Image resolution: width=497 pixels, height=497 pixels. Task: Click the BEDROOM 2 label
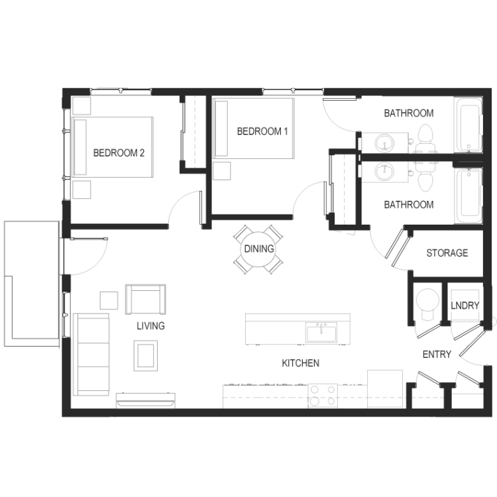119,153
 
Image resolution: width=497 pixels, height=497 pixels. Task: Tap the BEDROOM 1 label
262,131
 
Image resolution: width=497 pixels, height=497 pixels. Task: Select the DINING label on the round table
259,248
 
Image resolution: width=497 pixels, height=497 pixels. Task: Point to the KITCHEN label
300,363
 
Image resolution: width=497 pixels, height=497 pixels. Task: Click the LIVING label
151,326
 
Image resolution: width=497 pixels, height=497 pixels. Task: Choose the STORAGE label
447,253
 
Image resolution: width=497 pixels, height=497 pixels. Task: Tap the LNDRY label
465,305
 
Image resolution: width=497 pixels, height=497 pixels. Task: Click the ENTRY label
437,354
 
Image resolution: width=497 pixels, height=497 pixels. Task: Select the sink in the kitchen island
321,333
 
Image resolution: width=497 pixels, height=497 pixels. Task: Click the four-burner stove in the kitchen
323,396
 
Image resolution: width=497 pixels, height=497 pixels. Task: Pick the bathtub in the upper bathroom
468,125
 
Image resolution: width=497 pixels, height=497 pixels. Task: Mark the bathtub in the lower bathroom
468,196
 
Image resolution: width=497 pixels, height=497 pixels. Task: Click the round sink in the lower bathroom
384,172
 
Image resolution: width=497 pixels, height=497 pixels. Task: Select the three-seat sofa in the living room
91,355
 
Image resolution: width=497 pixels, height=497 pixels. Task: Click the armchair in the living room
146,300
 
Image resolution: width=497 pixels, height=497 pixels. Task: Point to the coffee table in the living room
146,355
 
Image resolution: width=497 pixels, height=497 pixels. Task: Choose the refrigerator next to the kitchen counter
385,389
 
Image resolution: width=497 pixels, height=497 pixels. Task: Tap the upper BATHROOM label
409,113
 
